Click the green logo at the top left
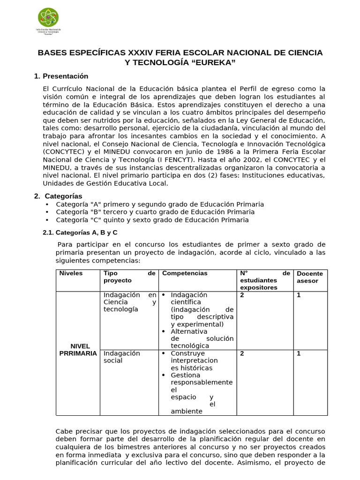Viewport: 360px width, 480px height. pyautogui.click(x=49, y=18)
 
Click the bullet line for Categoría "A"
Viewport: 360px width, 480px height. pyautogui.click(x=159, y=204)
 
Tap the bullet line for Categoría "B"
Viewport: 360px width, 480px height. pyautogui.click(x=155, y=212)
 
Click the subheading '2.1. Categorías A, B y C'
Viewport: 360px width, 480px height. pyautogui.click(x=80, y=232)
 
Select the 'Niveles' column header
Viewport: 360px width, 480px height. pyautogui.click(x=71, y=273)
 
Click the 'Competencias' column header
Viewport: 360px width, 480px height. pyautogui.click(x=185, y=273)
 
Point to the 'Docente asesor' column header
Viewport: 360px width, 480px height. pyautogui.click(x=310, y=277)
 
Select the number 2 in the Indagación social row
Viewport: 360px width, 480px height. pyautogui.click(x=242, y=353)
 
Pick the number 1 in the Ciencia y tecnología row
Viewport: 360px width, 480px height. pyautogui.click(x=299, y=295)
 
